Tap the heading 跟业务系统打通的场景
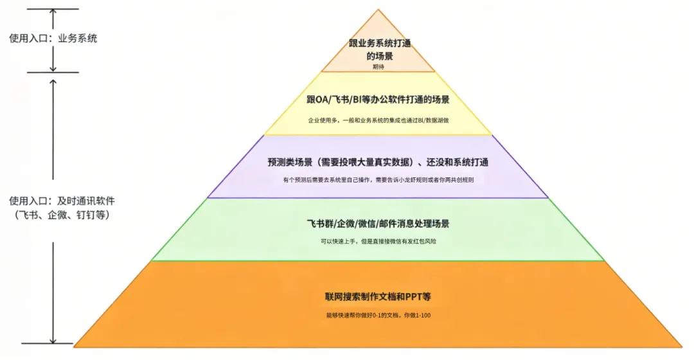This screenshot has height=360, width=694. coord(379,50)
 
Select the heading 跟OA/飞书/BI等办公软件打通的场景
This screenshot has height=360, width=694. coord(378,100)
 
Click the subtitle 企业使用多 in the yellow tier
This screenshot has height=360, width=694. coord(378,120)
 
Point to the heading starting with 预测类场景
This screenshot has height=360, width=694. coord(378,162)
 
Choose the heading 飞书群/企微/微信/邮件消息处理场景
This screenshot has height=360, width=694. coord(378,224)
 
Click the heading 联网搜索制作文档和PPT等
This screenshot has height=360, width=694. coord(378,297)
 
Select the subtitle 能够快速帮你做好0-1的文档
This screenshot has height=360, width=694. coord(378,315)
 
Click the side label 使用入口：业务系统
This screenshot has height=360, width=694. coord(53,39)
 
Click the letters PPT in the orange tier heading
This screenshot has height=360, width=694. coord(413,297)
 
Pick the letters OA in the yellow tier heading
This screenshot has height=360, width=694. coord(320,100)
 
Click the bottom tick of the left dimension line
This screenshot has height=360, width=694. coord(53,344)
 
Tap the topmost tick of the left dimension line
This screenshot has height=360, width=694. coord(53,9)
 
